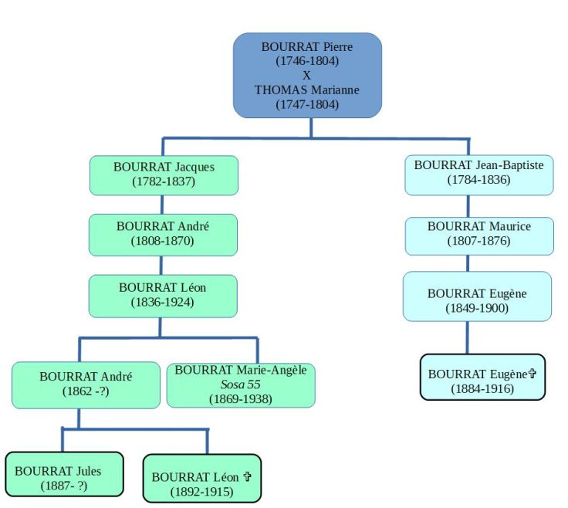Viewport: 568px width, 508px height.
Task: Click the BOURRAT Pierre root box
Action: (307, 75)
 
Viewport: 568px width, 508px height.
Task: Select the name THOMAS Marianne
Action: (307, 90)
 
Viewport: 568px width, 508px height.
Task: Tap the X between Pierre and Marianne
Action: (307, 75)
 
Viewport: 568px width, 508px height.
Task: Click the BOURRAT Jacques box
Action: (164, 174)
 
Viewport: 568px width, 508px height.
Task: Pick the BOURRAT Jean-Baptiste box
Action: (478, 173)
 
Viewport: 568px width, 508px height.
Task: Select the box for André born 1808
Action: (163, 234)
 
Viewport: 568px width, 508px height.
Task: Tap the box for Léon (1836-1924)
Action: (163, 295)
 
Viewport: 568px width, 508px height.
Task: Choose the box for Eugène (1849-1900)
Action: (478, 300)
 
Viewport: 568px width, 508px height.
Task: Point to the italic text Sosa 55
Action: (240, 384)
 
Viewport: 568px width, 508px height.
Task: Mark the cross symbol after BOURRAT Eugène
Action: (531, 374)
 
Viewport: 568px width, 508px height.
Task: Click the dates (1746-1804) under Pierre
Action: (307, 60)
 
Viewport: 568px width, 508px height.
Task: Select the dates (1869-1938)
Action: (240, 398)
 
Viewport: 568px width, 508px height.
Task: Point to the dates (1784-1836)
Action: (478, 180)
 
